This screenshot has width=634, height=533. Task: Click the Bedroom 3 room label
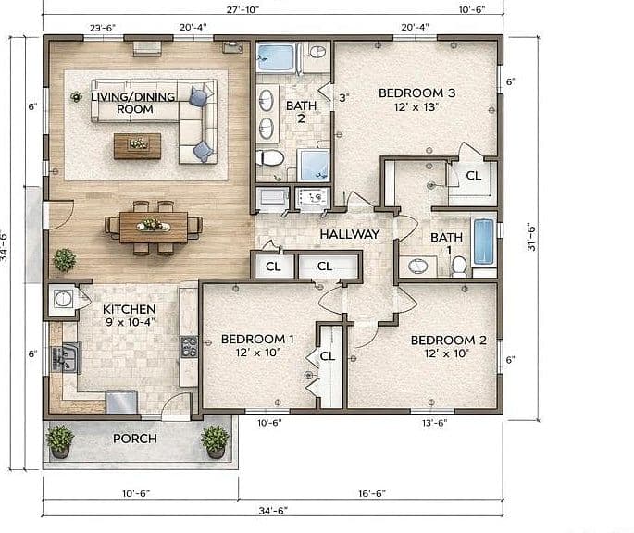(416, 93)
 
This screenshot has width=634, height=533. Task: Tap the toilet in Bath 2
(269, 157)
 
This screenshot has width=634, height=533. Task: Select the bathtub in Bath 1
(484, 242)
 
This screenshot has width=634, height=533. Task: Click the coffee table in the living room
(138, 146)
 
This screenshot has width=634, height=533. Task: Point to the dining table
(154, 228)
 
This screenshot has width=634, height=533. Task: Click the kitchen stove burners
(189, 347)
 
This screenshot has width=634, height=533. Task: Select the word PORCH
(134, 439)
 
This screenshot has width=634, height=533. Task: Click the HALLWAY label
(350, 234)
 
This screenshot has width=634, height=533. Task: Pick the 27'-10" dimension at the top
(242, 9)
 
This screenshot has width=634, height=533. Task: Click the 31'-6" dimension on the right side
(531, 237)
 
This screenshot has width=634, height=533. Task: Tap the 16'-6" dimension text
(372, 493)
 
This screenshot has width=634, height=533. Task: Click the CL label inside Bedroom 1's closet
(328, 356)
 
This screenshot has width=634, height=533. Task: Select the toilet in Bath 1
(459, 266)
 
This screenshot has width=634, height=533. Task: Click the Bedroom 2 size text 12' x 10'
(446, 353)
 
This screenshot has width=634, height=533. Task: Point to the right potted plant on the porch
(215, 440)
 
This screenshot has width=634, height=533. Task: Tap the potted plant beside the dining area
(65, 260)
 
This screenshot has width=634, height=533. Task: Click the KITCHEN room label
(129, 309)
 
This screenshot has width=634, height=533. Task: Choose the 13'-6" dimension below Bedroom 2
(434, 423)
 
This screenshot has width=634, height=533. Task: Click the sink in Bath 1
(418, 266)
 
